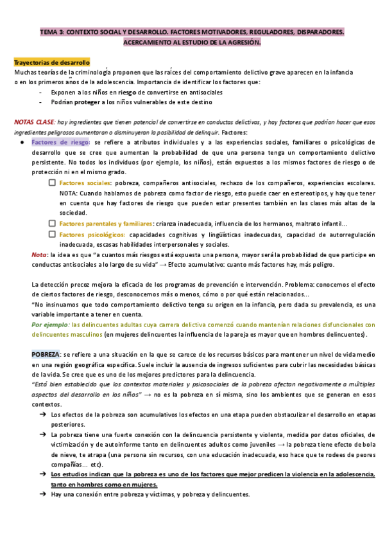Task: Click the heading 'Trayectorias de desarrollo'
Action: point(52,62)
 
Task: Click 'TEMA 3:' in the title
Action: point(51,31)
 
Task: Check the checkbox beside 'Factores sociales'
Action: point(52,183)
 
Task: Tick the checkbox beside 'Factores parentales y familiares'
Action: point(52,224)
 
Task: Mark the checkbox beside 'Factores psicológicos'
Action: point(52,234)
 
